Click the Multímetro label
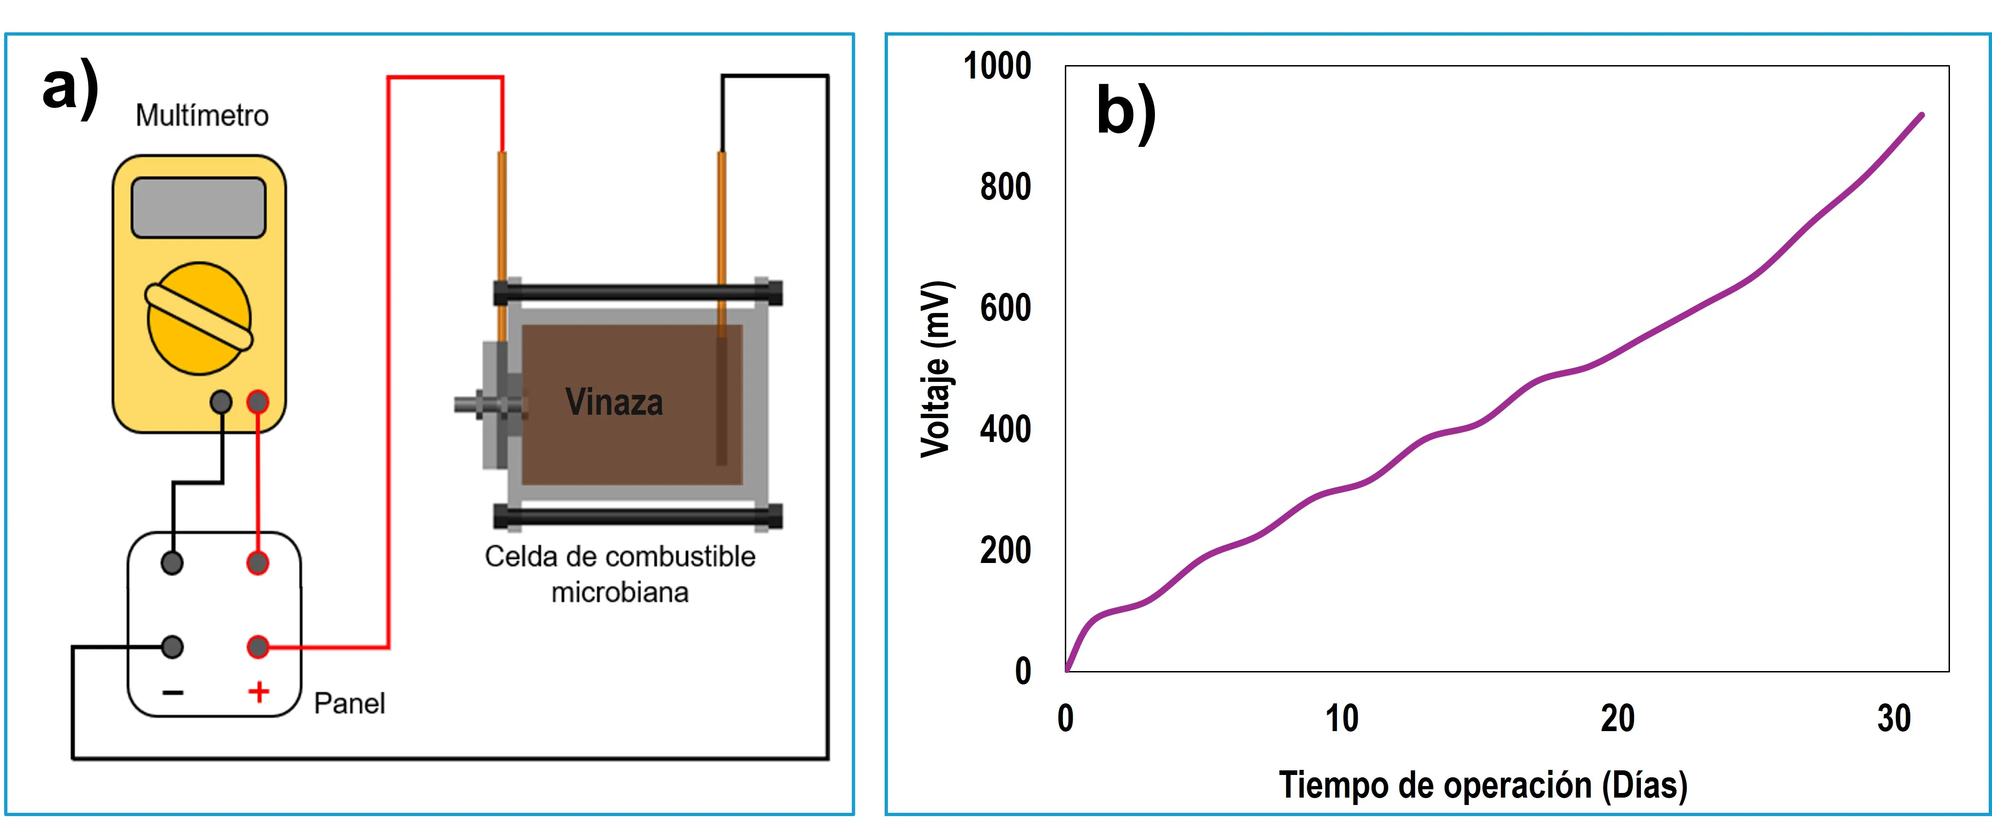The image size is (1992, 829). coord(202,116)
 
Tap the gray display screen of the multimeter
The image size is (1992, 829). coord(199,207)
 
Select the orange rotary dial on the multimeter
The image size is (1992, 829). coord(199,318)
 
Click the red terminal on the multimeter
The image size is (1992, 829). coord(257,401)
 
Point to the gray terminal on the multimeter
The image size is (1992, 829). coord(221,401)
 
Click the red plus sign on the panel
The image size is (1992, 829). coord(258,691)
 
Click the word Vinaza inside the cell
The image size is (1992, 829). coord(614,402)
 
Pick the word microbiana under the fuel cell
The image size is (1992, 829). coord(619,593)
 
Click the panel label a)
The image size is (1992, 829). coord(70,87)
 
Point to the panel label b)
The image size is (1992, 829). coord(1126,112)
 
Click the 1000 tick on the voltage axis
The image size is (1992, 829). coord(997,67)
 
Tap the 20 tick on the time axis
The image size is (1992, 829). coord(1618,719)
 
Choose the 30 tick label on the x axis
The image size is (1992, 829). coord(1894,719)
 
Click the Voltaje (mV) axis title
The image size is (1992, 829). coord(935,369)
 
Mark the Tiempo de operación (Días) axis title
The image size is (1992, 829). coord(1482,785)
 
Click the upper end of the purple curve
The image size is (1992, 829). coord(1922,115)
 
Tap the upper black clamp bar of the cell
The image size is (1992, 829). coord(638,292)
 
